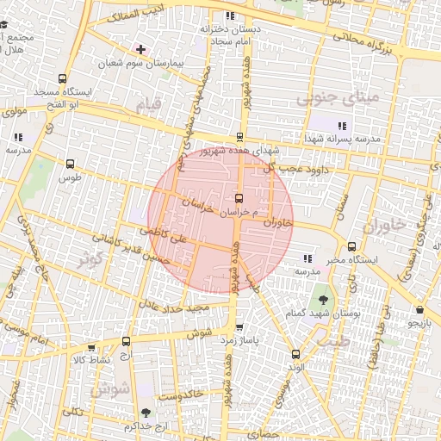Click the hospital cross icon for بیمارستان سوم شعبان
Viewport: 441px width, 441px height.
(x=140, y=49)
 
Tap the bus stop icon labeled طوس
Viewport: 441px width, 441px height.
(x=70, y=164)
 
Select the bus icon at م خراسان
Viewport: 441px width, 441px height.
(x=239, y=198)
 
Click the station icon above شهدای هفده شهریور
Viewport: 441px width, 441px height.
(x=239, y=136)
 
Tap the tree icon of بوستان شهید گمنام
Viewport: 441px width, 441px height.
(x=323, y=300)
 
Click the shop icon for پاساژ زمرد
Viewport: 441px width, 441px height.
(x=239, y=327)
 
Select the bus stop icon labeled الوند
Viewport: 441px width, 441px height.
(x=296, y=354)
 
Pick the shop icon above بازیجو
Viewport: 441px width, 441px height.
(x=419, y=309)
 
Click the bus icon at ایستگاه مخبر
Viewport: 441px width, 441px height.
(x=351, y=246)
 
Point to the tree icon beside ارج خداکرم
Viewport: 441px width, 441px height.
(x=145, y=413)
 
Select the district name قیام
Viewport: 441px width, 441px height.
(x=147, y=105)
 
